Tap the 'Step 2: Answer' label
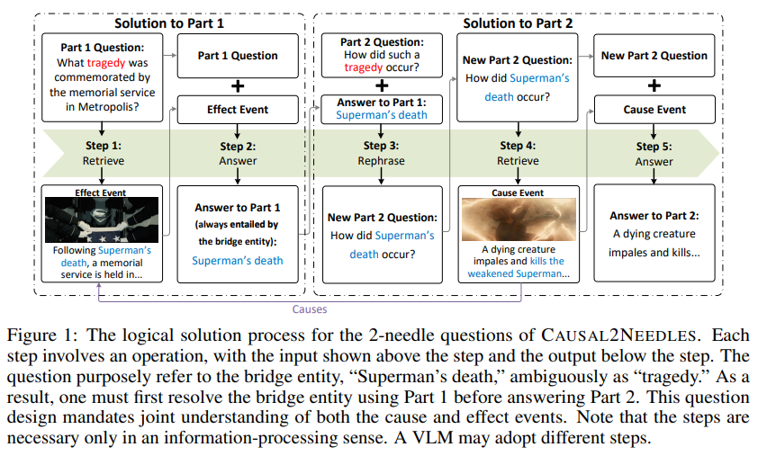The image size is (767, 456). click(x=238, y=153)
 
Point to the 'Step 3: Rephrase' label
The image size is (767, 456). click(x=382, y=153)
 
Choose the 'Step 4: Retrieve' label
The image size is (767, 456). click(x=518, y=153)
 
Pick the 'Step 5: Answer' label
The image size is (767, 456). click(x=654, y=154)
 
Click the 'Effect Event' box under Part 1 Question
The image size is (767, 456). click(x=238, y=110)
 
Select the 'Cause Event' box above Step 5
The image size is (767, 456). click(x=654, y=110)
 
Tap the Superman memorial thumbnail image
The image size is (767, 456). click(x=101, y=219)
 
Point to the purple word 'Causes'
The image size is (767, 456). click(x=309, y=308)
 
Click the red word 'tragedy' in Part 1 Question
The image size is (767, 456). click(x=107, y=63)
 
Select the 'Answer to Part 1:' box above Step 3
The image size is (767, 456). click(x=382, y=108)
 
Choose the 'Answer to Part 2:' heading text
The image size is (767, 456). click(x=654, y=215)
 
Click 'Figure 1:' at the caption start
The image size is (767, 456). click(x=37, y=335)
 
